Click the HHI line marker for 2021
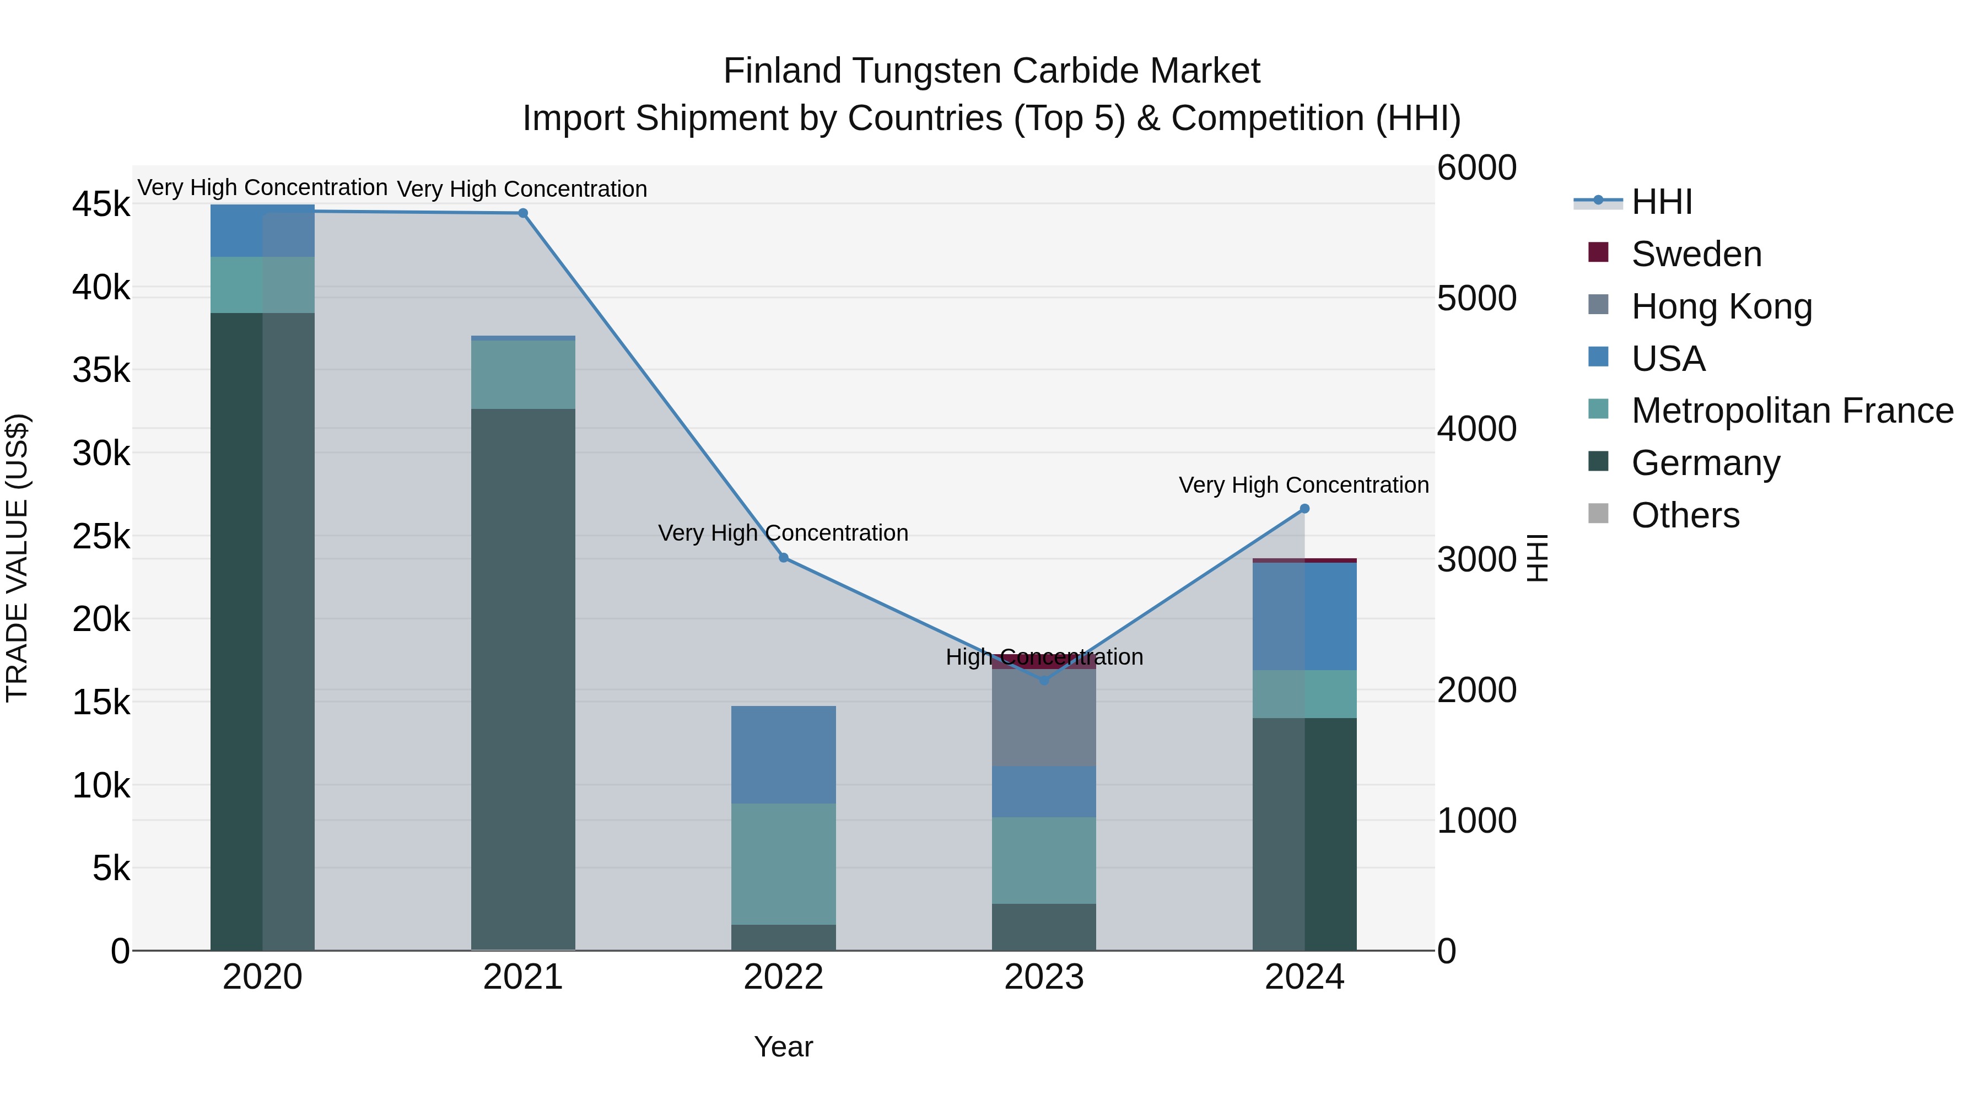click(x=523, y=213)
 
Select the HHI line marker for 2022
click(x=783, y=558)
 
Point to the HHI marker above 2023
click(x=1044, y=680)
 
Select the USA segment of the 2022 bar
click(x=783, y=755)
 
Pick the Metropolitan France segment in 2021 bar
click(x=523, y=374)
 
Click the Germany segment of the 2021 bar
click(x=523, y=678)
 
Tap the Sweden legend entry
click(x=1695, y=254)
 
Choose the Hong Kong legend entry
click(x=1721, y=306)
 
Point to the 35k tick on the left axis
click(x=101, y=370)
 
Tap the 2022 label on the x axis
click(x=783, y=977)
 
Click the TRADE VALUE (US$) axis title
click(x=17, y=558)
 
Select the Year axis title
click(x=783, y=1047)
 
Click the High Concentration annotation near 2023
click(x=1044, y=657)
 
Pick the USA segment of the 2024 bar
click(x=1304, y=616)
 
